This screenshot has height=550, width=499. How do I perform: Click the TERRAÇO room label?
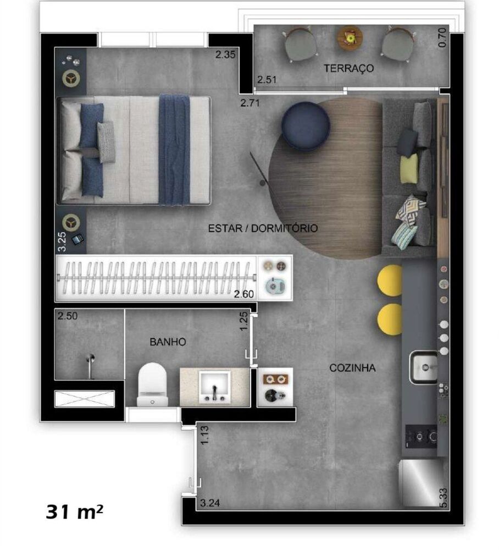tap(348, 69)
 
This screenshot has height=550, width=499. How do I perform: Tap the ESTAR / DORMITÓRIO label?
tap(262, 228)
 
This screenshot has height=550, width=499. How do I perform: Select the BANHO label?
tap(168, 342)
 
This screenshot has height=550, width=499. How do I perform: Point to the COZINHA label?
tap(352, 368)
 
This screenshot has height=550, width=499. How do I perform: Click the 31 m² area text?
tap(74, 512)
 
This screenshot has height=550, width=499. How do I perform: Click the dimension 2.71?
tap(250, 102)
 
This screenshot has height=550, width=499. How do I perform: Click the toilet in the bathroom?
tap(152, 385)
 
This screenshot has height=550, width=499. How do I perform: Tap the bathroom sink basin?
tap(214, 386)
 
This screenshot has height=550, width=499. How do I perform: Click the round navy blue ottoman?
tap(306, 125)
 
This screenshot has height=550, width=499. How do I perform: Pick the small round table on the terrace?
tap(350, 37)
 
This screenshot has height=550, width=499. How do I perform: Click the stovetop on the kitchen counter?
tap(422, 438)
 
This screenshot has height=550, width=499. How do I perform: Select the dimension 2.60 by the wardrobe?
tap(244, 294)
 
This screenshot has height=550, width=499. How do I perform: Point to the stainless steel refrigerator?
tap(421, 482)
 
